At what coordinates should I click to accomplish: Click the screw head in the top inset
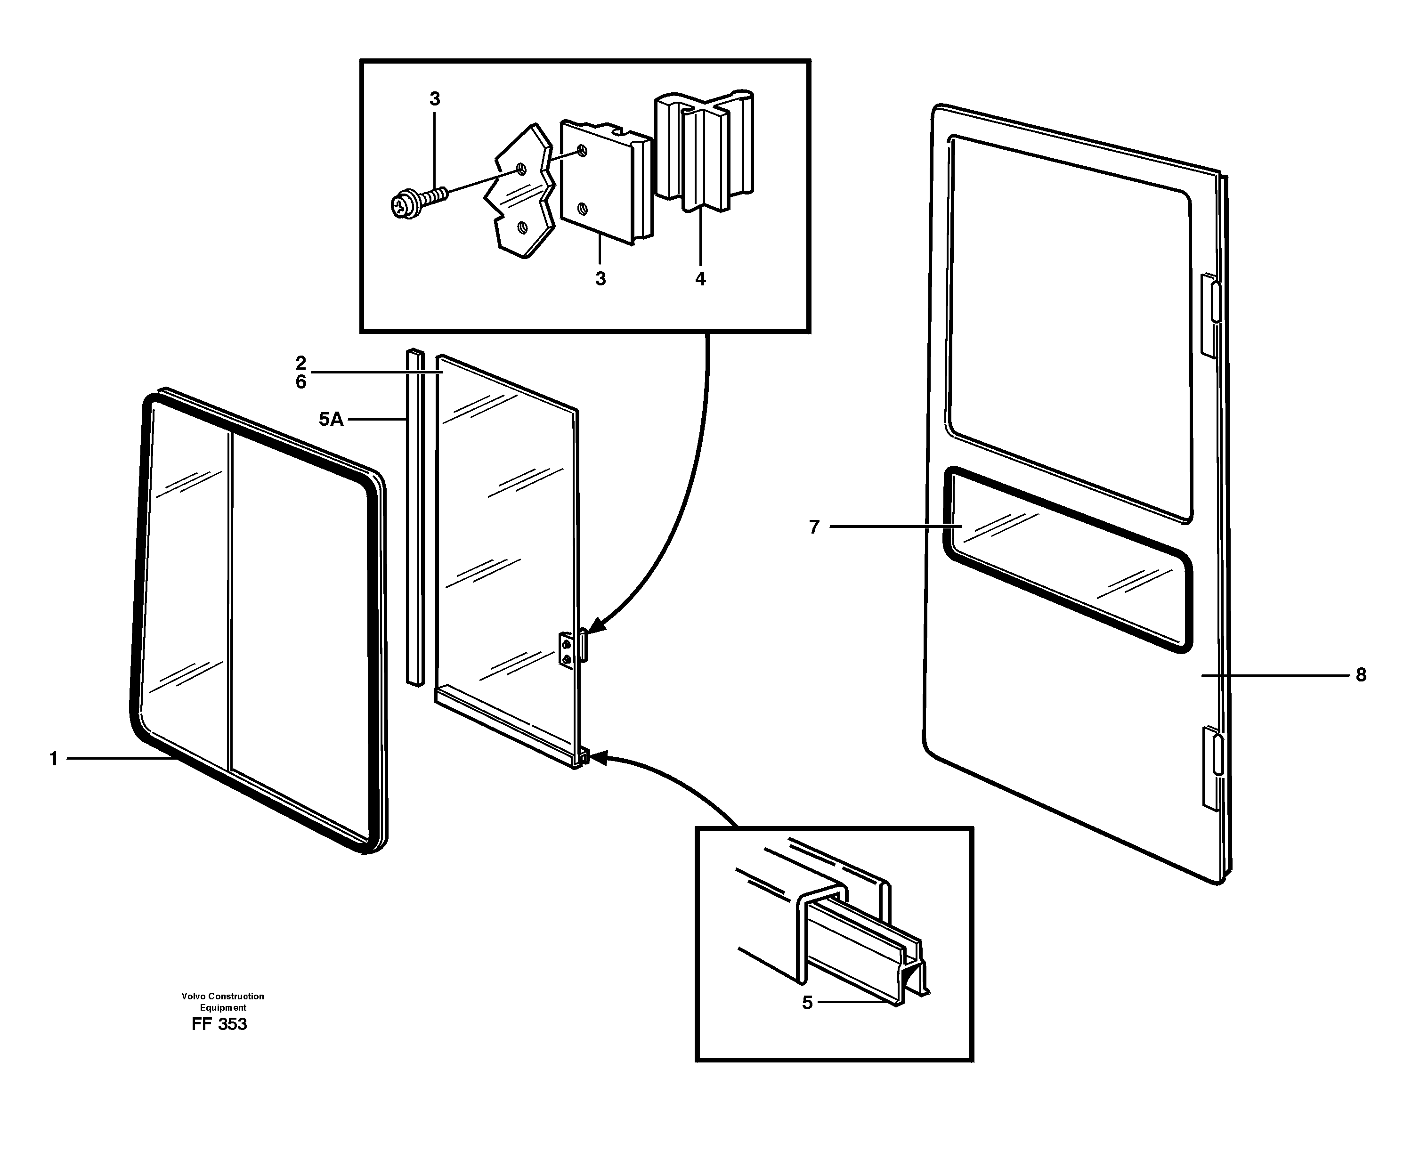click(402, 206)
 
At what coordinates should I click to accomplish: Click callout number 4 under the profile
click(700, 279)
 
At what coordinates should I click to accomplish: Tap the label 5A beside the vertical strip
click(331, 419)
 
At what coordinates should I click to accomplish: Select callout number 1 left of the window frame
click(54, 759)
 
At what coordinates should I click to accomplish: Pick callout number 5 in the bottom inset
click(807, 1003)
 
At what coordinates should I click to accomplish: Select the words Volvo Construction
click(223, 996)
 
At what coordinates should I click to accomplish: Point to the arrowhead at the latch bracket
click(595, 626)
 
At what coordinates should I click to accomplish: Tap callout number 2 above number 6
click(301, 363)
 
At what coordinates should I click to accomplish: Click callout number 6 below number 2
click(301, 382)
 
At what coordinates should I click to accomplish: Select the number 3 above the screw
click(434, 99)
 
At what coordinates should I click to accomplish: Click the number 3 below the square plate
click(600, 279)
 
